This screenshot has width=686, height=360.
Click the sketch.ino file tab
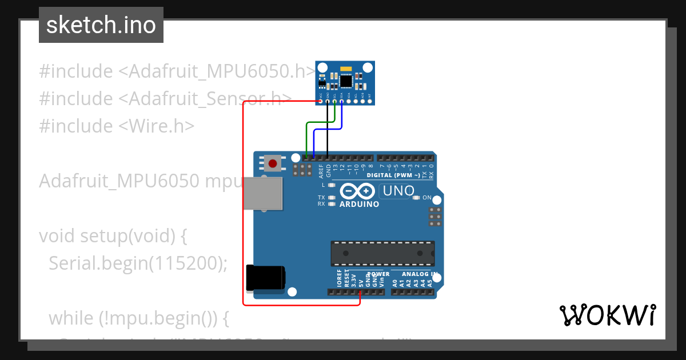(x=101, y=25)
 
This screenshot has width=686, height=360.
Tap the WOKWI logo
(x=607, y=315)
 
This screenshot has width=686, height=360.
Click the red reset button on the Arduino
(x=273, y=164)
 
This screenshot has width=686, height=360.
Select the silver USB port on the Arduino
(x=263, y=194)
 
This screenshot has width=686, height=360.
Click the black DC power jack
(x=265, y=278)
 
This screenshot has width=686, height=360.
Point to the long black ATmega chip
(x=382, y=253)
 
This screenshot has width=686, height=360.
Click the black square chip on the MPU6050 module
(x=346, y=81)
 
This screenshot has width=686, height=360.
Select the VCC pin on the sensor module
(x=321, y=102)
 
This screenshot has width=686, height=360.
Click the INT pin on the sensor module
(x=369, y=102)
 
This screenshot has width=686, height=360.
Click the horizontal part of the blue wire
(x=327, y=130)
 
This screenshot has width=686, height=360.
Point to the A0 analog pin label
(x=395, y=282)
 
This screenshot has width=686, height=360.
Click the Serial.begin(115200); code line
(x=138, y=263)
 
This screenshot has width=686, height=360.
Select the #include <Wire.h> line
(x=117, y=126)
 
